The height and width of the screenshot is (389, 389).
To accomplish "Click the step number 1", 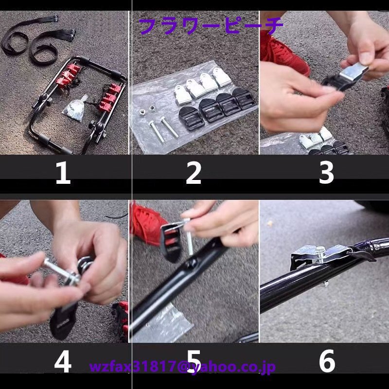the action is (63, 173).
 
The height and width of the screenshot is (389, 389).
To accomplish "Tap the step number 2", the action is (194, 173).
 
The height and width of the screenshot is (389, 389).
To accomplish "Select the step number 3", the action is (326, 173).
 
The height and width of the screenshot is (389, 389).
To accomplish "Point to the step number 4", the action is (63, 361).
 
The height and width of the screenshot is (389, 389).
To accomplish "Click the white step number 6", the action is (327, 361).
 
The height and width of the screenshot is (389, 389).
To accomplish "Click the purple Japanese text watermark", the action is (211, 26).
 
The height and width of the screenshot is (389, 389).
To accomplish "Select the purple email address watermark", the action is (182, 367).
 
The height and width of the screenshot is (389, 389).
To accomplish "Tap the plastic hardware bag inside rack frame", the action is (75, 108).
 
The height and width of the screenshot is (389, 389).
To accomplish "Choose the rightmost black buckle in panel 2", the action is (244, 98).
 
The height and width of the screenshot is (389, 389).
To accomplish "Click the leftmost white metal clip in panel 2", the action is (183, 94).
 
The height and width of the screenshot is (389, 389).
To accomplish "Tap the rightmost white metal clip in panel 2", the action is (222, 77).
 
